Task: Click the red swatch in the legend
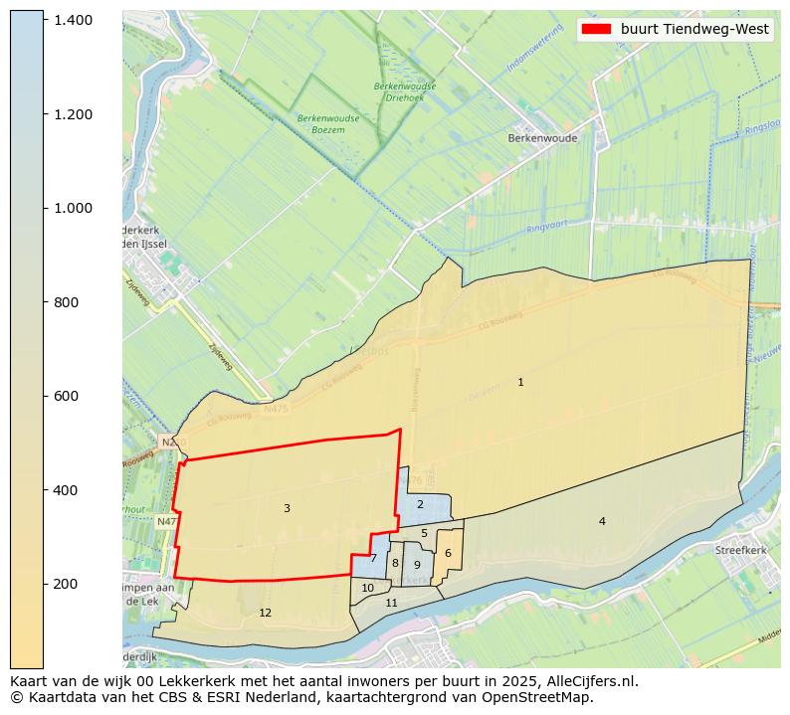597,29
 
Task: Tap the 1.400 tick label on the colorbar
73,20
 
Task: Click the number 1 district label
520,382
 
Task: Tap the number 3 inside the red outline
287,508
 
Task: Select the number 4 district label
602,521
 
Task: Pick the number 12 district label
265,613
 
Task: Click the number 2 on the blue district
420,504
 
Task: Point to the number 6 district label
448,553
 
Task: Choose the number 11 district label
392,603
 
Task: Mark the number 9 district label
417,565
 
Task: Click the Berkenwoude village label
542,138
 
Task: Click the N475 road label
276,407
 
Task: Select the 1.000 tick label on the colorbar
73,208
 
